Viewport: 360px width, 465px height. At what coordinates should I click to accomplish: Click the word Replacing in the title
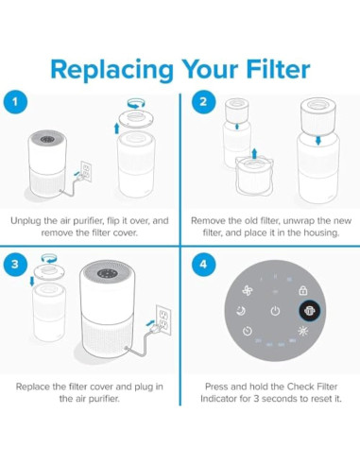[112, 70]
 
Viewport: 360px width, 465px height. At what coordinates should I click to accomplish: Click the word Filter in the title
[278, 69]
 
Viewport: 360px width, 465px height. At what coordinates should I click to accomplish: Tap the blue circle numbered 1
[15, 102]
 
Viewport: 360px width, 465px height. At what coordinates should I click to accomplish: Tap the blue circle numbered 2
[203, 102]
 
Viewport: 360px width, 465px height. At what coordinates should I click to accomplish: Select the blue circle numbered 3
[15, 264]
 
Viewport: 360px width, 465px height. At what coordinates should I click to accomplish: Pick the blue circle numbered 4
[203, 264]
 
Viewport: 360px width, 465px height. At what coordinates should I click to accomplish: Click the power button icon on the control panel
[275, 311]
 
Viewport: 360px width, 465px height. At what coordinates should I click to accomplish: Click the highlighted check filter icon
[309, 311]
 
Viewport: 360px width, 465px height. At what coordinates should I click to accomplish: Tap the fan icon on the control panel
[248, 290]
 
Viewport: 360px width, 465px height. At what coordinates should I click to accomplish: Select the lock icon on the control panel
[303, 290]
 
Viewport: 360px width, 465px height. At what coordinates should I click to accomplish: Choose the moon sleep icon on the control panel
[241, 311]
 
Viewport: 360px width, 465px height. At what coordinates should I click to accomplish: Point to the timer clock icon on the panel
[248, 331]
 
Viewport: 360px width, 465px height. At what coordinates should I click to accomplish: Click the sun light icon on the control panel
[303, 331]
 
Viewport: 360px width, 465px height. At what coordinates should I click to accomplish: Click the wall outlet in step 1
[86, 171]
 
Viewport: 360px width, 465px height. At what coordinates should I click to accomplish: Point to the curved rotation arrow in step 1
[136, 103]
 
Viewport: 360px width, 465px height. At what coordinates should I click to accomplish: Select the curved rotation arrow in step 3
[49, 258]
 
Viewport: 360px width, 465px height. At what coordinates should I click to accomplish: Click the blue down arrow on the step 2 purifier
[318, 140]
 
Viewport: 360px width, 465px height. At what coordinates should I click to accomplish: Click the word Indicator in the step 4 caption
[218, 399]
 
